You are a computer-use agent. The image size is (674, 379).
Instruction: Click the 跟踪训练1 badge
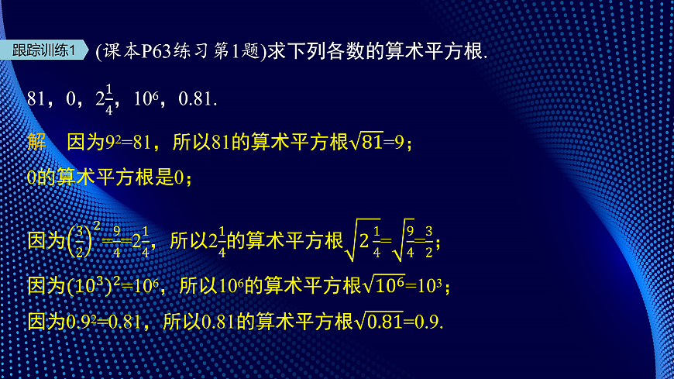pyautogui.click(x=46, y=51)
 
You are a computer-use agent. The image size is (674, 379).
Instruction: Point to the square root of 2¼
pyautogui.click(x=363, y=241)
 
